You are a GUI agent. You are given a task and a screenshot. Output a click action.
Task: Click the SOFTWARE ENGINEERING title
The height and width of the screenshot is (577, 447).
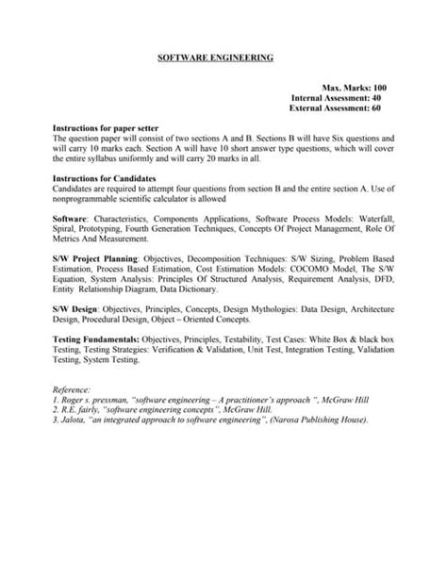[214, 58]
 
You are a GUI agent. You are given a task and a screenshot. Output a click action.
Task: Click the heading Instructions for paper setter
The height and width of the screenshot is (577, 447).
[105, 127]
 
